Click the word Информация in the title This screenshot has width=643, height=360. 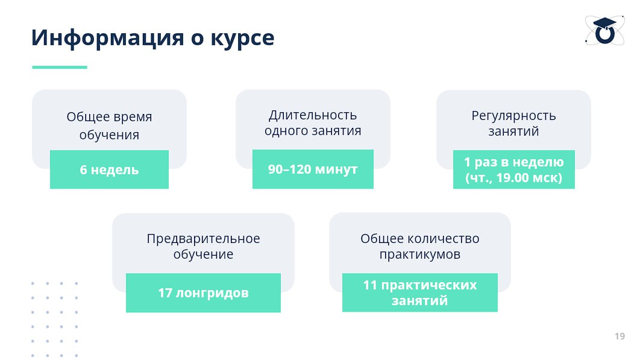tap(108, 38)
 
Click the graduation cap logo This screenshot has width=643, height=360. tap(605, 30)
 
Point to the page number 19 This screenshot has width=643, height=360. tap(619, 336)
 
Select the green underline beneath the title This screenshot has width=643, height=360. tap(60, 67)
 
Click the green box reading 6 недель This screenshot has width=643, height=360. tap(109, 169)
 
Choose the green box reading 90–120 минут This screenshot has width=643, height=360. tap(313, 169)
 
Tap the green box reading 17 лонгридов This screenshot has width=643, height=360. tap(204, 292)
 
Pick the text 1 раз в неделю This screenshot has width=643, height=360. tap(514, 162)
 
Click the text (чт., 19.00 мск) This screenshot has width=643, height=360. tap(514, 178)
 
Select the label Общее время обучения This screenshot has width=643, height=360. tap(109, 125)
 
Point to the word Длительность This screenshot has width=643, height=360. tap(313, 115)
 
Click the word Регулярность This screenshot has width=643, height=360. tap(514, 116)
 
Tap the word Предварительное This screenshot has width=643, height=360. tap(204, 239)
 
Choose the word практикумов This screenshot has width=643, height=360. tap(420, 254)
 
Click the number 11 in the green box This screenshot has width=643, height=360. tap(370, 285)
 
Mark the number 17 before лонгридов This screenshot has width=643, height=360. tap(165, 292)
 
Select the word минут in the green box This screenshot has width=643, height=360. tap(337, 169)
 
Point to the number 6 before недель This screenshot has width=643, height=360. tap(83, 169)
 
